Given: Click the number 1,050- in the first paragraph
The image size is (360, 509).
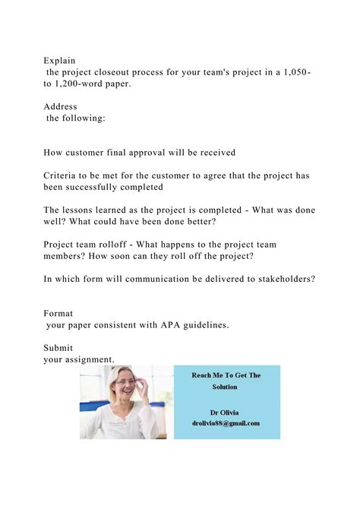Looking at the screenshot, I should tap(294, 72).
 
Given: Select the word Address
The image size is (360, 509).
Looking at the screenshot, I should tap(61, 106).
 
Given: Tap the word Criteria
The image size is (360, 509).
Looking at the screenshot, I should tap(63, 175).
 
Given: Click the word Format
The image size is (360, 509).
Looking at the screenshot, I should tap(59, 313).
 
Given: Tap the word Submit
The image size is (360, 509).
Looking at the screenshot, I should tap(59, 347).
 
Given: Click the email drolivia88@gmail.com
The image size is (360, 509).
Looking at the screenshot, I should tap(226, 423).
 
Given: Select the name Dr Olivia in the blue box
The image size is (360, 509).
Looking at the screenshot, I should tap(226, 410).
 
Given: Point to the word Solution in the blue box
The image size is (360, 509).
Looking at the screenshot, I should tap(226, 387).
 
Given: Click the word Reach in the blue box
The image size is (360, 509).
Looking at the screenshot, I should tap(202, 375).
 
